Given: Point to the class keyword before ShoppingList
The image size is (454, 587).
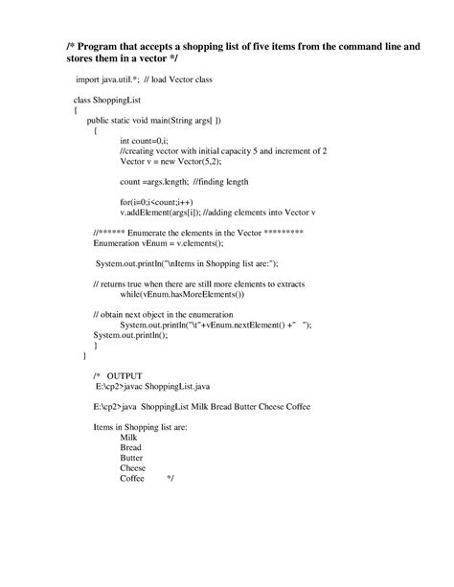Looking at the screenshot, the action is point(83,100).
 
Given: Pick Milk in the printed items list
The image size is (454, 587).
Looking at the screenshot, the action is point(128,437).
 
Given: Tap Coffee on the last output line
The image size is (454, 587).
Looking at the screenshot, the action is point(132,478).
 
